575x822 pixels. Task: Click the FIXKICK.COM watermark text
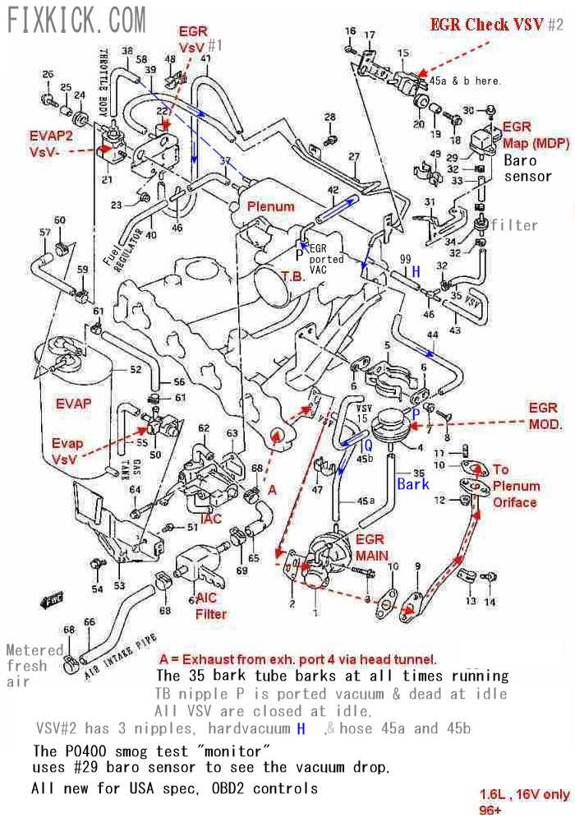[x=76, y=18]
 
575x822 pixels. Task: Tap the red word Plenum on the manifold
[x=270, y=206]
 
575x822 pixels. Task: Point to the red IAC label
[x=211, y=520]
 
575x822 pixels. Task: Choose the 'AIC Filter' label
[x=211, y=606]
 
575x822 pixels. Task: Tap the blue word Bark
[x=413, y=484]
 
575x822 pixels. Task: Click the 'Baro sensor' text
[x=527, y=169]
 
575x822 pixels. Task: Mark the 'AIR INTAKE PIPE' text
[x=122, y=658]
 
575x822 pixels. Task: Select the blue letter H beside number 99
[x=416, y=271]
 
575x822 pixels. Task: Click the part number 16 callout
[x=351, y=31]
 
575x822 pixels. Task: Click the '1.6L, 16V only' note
[x=524, y=794]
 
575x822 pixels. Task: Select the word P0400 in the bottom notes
[x=83, y=750]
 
